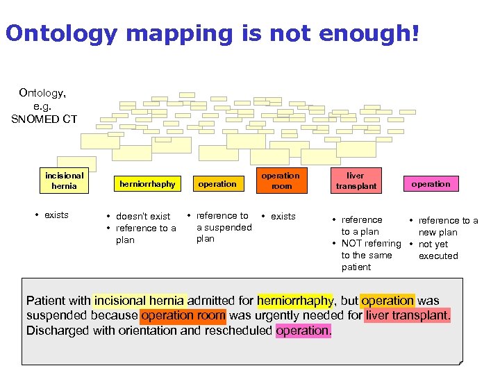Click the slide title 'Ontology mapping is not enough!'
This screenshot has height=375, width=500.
point(212,33)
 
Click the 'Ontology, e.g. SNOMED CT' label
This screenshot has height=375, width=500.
point(44,105)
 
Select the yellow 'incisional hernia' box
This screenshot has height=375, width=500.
point(65,181)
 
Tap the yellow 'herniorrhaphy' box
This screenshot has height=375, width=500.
point(147,184)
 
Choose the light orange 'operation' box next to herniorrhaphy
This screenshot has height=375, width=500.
point(217,184)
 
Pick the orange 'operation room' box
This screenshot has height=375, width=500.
point(281,181)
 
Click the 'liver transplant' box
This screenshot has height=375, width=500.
point(356,181)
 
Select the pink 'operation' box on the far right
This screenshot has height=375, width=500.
point(431,184)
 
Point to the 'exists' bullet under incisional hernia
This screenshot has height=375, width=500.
point(56,215)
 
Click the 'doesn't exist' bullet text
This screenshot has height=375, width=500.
point(142,217)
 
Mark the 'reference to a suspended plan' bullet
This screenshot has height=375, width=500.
point(222,227)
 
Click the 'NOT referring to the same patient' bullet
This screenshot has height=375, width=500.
point(370,255)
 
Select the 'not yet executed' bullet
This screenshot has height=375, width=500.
point(437,250)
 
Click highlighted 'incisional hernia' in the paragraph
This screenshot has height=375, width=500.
point(140,301)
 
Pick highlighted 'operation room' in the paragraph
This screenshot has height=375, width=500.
point(183,316)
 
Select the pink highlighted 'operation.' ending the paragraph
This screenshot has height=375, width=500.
point(303,331)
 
